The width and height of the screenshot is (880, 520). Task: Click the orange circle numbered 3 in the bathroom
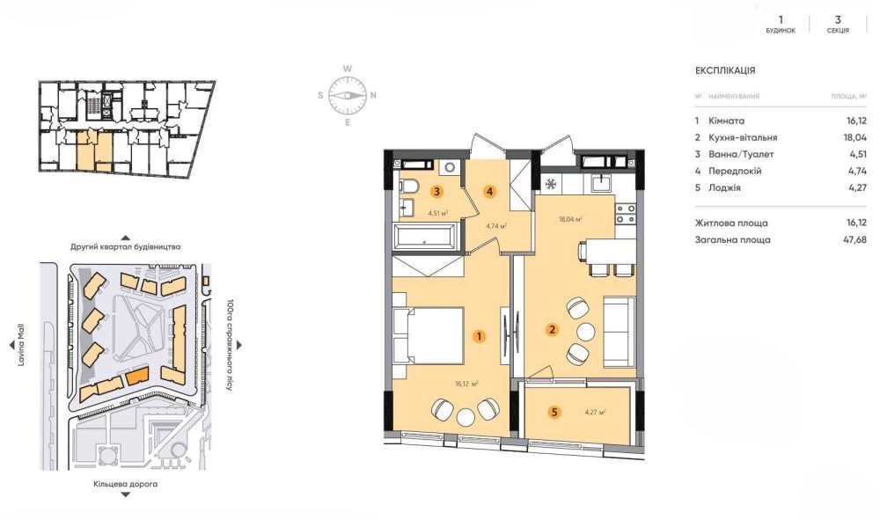tap(436, 191)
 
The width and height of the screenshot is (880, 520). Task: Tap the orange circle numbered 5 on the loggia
tap(554, 413)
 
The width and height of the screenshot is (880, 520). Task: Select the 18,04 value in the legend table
tap(856, 137)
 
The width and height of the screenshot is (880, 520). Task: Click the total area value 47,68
tap(856, 239)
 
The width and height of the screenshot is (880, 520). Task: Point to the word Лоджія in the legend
tap(724, 188)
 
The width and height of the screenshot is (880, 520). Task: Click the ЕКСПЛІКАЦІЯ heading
tap(725, 70)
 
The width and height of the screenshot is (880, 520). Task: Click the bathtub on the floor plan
tap(426, 238)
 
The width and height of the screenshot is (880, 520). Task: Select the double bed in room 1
tap(428, 336)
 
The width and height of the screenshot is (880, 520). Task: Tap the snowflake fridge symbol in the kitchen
tap(551, 183)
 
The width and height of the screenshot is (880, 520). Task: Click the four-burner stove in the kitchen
tap(626, 214)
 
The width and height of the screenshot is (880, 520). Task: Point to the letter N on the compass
tap(373, 95)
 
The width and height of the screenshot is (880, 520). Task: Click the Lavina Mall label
tap(21, 345)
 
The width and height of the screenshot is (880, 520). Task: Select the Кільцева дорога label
tap(126, 484)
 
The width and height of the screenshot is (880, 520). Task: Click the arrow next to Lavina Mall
tap(11, 345)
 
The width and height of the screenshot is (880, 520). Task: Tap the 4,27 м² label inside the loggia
tap(596, 413)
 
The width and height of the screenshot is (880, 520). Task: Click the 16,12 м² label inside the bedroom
tap(467, 385)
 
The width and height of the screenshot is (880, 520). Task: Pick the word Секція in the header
tap(838, 31)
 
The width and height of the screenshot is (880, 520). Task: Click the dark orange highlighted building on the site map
tap(136, 376)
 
